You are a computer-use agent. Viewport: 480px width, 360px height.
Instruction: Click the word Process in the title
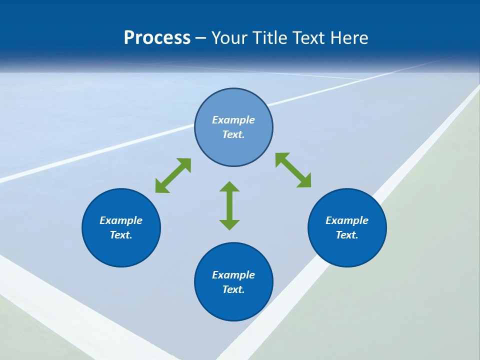157,38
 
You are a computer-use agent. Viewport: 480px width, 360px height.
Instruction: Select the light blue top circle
233,105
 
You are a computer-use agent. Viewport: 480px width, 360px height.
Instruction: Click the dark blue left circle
121,250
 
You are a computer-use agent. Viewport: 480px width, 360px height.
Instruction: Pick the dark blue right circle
347,250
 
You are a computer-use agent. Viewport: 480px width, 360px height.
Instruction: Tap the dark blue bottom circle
233,305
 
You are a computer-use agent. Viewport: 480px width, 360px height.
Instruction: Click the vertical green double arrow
229,205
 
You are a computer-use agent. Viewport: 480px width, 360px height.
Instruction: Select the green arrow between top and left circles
173,175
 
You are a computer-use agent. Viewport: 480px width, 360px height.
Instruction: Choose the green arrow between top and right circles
293,170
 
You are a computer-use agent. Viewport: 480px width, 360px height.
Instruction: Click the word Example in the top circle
233,120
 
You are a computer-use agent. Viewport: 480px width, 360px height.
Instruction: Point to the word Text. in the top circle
233,134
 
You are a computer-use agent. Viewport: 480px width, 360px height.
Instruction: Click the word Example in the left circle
121,220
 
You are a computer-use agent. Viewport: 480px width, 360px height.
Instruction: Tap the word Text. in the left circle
121,235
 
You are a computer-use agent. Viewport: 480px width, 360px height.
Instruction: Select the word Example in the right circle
347,220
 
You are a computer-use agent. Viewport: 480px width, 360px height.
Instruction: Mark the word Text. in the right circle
347,235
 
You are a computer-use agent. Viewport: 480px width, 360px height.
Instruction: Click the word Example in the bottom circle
233,275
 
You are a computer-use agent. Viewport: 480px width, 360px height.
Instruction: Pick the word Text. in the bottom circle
233,289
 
